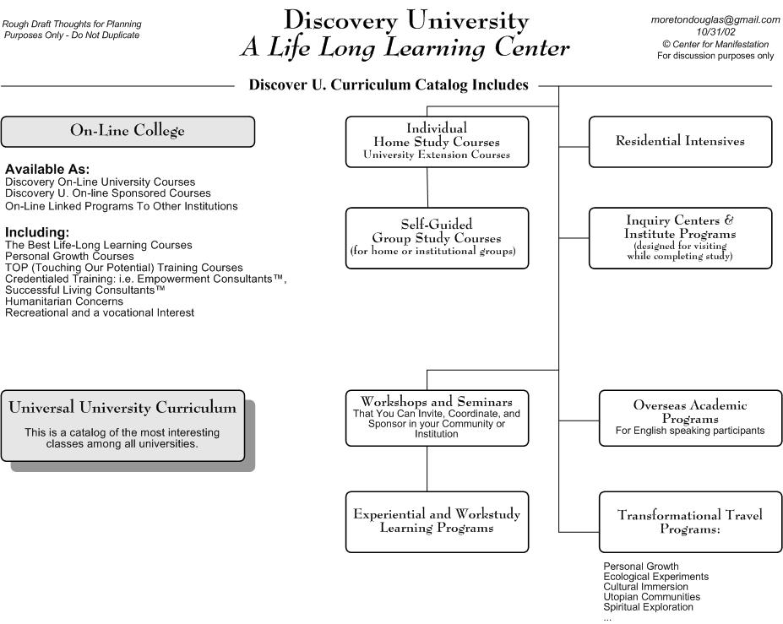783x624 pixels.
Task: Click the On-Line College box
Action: point(128,132)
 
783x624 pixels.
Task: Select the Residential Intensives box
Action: point(680,142)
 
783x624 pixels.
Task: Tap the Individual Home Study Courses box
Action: point(437,142)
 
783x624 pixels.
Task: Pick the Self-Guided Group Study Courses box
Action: point(437,238)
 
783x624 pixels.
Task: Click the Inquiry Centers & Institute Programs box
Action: point(680,238)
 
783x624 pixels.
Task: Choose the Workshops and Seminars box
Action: point(437,418)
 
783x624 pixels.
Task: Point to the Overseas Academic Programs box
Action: point(690,418)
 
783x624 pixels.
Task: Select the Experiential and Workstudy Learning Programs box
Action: point(437,522)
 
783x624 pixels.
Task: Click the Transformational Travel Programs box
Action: point(690,522)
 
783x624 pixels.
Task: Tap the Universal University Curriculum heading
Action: point(122,407)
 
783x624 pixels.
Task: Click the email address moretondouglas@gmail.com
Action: point(715,20)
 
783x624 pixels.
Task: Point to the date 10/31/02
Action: point(715,32)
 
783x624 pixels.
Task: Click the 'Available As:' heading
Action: point(47,169)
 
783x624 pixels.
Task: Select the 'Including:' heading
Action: point(37,232)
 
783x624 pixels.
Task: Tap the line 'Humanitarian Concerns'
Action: point(64,301)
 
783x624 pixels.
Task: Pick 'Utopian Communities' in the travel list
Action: point(652,597)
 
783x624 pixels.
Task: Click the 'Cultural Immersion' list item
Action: point(645,587)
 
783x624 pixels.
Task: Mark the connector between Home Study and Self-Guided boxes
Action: point(427,187)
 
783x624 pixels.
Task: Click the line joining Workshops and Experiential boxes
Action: point(427,469)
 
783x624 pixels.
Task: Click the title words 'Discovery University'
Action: point(406,21)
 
